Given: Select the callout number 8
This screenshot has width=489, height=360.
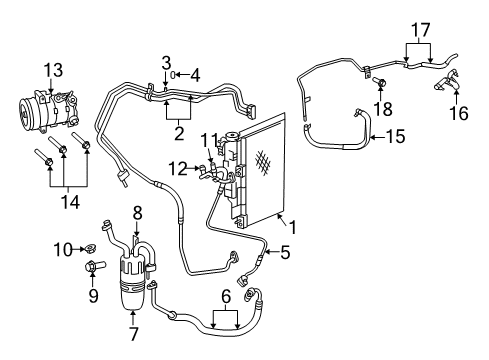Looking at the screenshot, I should point(138,213).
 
